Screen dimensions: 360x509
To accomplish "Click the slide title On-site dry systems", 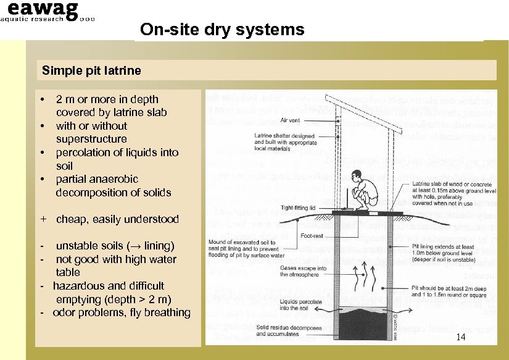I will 222,30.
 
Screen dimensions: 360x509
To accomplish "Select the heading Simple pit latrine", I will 91,70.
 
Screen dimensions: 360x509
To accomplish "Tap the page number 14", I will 461,337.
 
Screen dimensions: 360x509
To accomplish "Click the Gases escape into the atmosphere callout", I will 304,272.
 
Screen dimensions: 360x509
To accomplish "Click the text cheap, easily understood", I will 117,219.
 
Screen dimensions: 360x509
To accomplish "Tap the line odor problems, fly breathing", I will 121,312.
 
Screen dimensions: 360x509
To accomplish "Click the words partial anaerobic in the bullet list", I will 96,179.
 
